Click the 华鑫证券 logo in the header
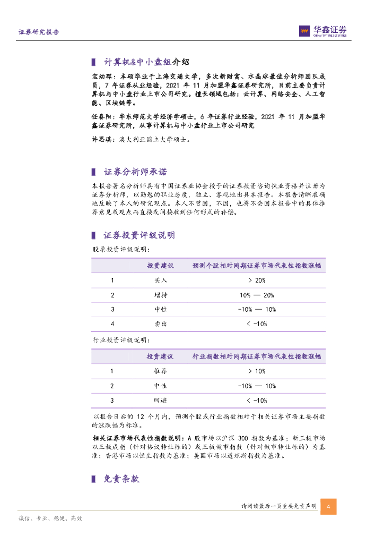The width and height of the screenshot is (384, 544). (x=322, y=31)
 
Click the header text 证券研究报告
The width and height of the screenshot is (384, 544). (x=39, y=32)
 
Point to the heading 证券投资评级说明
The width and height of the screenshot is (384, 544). (x=139, y=235)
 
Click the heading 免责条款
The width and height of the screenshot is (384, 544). (x=121, y=479)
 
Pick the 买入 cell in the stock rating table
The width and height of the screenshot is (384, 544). (x=160, y=280)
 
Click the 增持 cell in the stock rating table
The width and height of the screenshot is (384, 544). (x=160, y=295)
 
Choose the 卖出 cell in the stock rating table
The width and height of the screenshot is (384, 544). (x=160, y=324)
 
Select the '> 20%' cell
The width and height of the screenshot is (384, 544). (x=257, y=280)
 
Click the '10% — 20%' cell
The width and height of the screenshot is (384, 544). (x=257, y=295)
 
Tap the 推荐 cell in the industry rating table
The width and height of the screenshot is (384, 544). (x=160, y=371)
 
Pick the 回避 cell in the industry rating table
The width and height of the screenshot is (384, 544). (x=160, y=400)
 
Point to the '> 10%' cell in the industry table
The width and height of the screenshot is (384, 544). (x=257, y=371)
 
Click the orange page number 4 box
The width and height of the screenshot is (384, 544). (x=329, y=506)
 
